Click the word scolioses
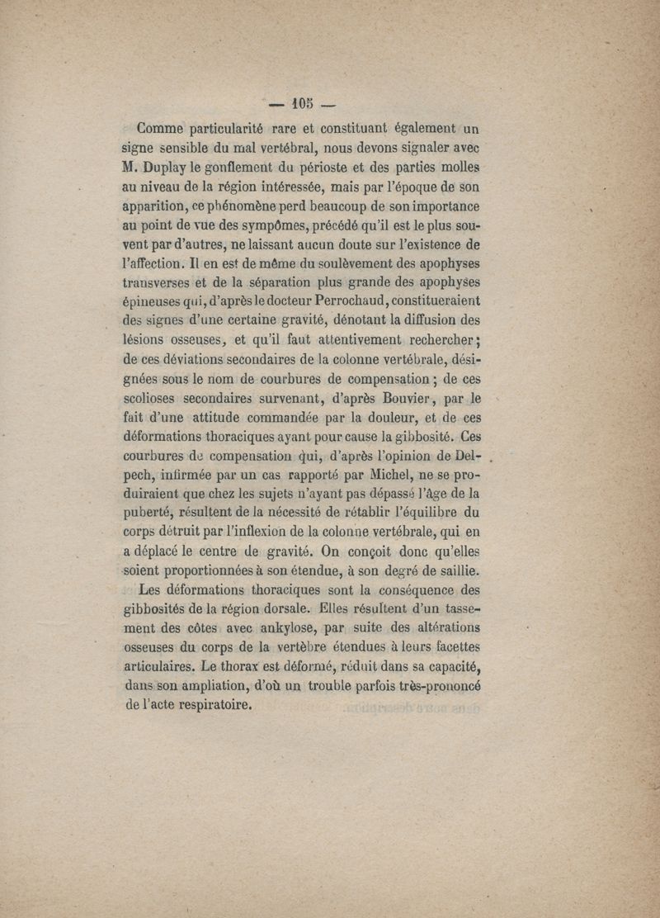click(148, 398)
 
